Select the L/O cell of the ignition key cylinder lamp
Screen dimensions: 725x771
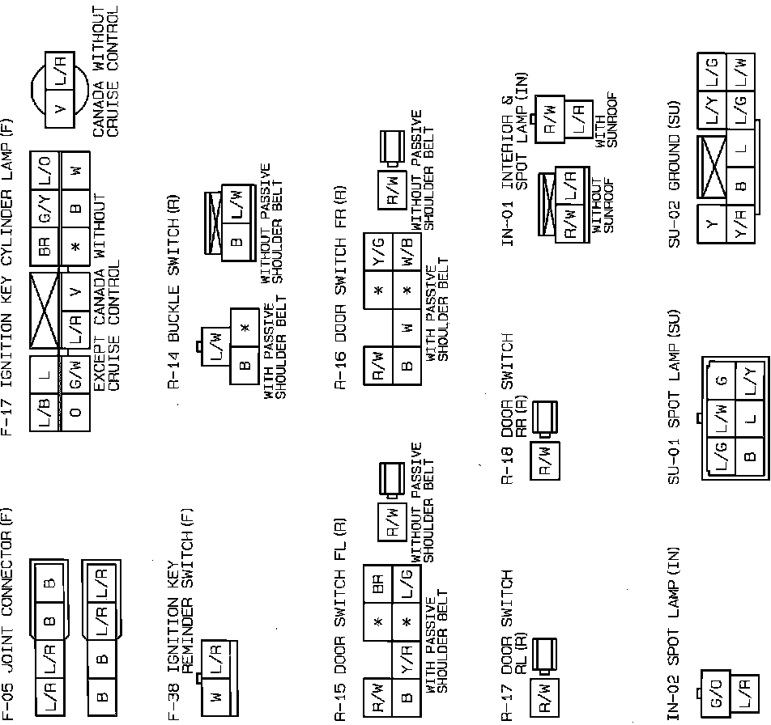[45, 171]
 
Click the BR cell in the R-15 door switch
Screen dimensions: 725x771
[379, 585]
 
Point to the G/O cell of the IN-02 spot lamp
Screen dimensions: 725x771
[715, 698]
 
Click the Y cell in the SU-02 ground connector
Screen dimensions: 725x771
[713, 224]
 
